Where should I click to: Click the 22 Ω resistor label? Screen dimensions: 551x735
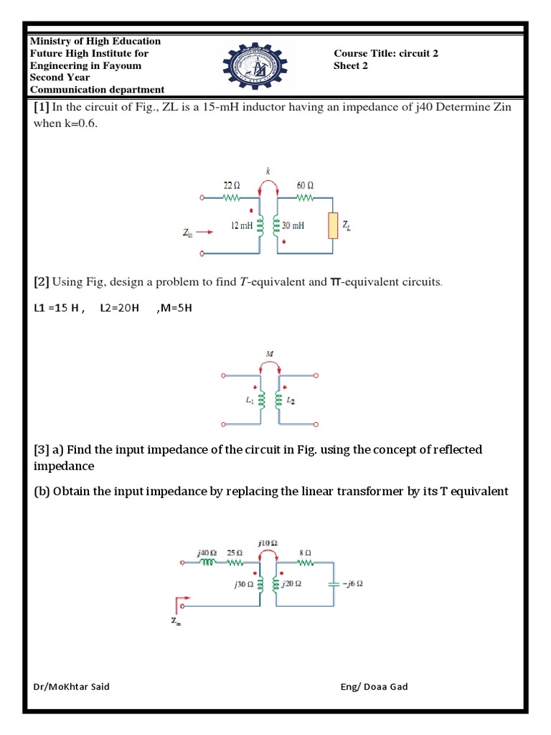coord(232,184)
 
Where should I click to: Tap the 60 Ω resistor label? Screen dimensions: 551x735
coord(304,184)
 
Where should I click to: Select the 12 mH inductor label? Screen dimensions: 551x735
coord(242,225)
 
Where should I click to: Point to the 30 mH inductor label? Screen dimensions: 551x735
coord(293,225)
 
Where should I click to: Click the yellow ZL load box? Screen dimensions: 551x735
coord(333,226)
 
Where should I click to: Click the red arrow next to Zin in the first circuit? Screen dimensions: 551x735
coord(204,232)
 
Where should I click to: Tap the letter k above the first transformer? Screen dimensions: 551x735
coord(268,172)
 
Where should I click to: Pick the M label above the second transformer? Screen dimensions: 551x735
coord(269,353)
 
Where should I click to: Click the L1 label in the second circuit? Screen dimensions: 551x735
coord(250,401)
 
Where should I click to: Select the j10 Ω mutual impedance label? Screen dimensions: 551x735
coord(268,543)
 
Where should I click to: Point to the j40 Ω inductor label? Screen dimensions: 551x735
coord(206,553)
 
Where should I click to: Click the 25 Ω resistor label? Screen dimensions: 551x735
coord(234,553)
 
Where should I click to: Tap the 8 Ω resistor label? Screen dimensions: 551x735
coord(306,553)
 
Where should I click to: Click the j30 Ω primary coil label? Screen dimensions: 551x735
coord(244,584)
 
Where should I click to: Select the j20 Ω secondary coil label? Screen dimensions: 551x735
coord(291,584)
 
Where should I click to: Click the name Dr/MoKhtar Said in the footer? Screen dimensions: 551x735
coord(72,687)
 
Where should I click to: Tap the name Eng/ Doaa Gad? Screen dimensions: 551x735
coord(374,687)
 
